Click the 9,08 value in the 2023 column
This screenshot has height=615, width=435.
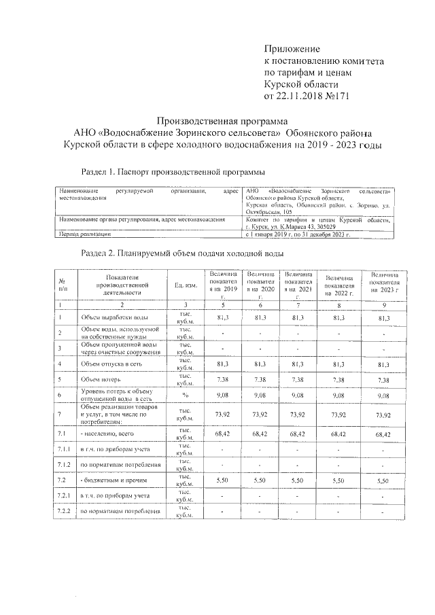[x=383, y=396]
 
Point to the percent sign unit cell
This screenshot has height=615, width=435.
[x=184, y=396]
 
